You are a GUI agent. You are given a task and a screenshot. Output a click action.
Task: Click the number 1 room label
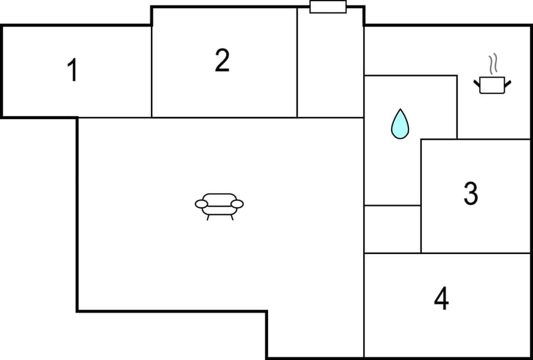tap(72, 71)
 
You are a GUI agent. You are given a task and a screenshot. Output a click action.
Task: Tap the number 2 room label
tap(222, 60)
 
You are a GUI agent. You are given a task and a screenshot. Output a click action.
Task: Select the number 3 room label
tap(470, 194)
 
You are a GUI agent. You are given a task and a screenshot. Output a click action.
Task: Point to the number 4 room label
tap(441, 299)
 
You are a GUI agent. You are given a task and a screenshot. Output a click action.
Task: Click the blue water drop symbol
tap(399, 124)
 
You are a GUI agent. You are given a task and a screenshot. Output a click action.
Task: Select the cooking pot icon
tap(492, 85)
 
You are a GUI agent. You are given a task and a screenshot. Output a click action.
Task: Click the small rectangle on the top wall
tap(328, 7)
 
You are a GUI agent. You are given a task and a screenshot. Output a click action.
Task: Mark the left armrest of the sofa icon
tap(201, 204)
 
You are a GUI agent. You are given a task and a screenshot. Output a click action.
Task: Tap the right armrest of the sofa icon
tap(237, 204)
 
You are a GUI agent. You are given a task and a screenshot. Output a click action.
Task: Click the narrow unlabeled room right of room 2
tap(330, 64)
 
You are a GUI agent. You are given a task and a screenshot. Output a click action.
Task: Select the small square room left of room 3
tap(392, 229)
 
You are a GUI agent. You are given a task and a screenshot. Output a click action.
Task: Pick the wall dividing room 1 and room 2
tap(152, 72)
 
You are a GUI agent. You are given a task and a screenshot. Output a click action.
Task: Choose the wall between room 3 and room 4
tap(475, 253)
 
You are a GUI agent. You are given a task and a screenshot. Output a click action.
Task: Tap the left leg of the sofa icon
tap(208, 217)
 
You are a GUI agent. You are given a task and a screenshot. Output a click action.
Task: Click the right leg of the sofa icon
tap(233, 217)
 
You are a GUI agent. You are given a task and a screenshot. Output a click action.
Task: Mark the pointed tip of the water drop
tap(399, 110)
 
